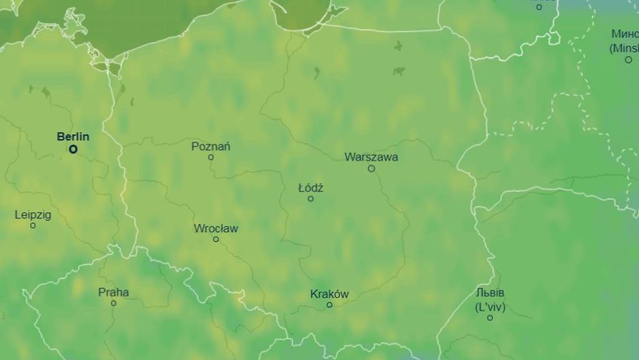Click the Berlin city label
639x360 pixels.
(x=73, y=137)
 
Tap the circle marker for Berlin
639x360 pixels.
(x=73, y=149)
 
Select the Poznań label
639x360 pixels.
(x=211, y=146)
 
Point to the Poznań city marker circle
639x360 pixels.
(x=211, y=157)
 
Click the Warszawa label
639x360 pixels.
(x=371, y=157)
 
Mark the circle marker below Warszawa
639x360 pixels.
(x=371, y=168)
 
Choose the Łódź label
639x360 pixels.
(x=311, y=188)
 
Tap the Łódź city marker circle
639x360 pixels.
(x=311, y=199)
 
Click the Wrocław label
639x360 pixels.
(x=216, y=228)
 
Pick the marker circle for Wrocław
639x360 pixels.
(x=216, y=239)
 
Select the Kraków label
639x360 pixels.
(x=329, y=294)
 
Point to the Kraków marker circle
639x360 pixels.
(x=329, y=305)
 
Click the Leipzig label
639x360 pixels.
(x=33, y=214)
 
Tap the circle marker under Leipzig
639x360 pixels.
(x=33, y=225)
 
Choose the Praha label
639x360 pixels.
(x=113, y=292)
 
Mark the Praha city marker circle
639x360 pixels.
(x=113, y=303)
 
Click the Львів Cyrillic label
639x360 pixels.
(x=491, y=293)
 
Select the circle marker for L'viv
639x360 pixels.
(x=489, y=318)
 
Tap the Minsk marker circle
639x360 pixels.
(x=629, y=59)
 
